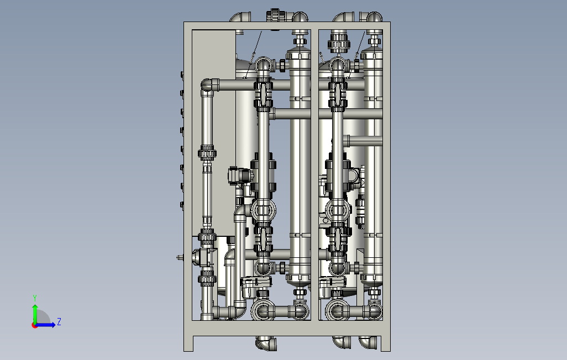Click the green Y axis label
click(35, 298)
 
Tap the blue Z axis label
click(59, 321)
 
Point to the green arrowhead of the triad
click(35, 307)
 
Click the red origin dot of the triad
click(34, 326)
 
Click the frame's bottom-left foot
click(188, 343)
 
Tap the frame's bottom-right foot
click(386, 343)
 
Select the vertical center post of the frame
click(314, 175)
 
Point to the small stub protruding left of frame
click(180, 258)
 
